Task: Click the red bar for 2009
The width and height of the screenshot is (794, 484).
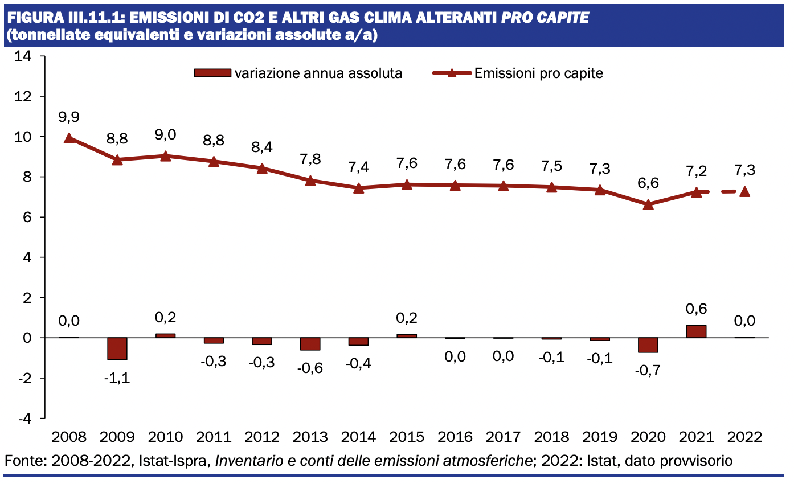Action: (x=117, y=348)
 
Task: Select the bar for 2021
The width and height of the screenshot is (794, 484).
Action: (x=696, y=331)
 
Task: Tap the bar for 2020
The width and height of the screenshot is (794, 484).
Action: (x=648, y=345)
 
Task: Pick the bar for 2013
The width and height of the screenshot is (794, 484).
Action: (x=310, y=344)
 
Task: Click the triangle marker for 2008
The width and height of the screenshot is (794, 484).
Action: (x=69, y=138)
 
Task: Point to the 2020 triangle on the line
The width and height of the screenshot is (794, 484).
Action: (x=648, y=204)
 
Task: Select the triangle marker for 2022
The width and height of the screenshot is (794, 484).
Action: (x=744, y=192)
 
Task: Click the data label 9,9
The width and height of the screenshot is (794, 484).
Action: (x=69, y=117)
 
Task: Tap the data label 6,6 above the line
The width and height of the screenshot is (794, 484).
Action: (x=648, y=183)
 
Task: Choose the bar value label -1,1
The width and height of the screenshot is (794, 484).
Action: (x=117, y=378)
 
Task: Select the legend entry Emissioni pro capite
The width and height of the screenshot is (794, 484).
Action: (x=538, y=73)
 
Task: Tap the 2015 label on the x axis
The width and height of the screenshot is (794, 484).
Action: (x=407, y=437)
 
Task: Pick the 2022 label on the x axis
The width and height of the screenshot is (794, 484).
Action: (x=744, y=437)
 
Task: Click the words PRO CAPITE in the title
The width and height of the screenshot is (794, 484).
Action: (x=545, y=18)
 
